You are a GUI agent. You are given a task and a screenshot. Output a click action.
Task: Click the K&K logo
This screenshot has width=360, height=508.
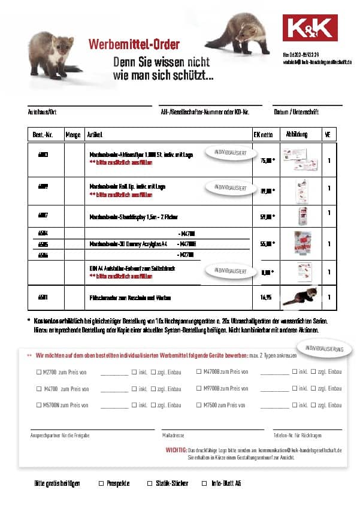pyautogui.click(x=310, y=28)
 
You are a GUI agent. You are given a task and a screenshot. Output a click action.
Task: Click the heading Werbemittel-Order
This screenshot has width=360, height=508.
pyautogui.click(x=134, y=44)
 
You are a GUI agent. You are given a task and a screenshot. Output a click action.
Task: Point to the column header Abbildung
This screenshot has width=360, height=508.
pyautogui.click(x=297, y=134)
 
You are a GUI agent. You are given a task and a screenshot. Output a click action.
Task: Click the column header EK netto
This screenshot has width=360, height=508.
pyautogui.click(x=263, y=135)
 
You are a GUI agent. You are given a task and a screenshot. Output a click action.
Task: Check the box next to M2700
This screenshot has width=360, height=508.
pyautogui.click(x=39, y=372)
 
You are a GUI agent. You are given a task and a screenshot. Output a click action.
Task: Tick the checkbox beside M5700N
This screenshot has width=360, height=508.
pyautogui.click(x=39, y=406)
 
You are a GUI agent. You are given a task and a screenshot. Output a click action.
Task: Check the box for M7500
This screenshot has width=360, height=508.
pyautogui.click(x=199, y=406)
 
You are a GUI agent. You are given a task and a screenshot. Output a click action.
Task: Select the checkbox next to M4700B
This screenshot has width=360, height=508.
pyautogui.click(x=199, y=372)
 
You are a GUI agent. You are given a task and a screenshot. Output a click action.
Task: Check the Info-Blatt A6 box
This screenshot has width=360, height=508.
pyautogui.click(x=204, y=483)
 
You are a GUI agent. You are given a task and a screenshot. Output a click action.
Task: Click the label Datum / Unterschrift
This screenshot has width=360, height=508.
pyautogui.click(x=296, y=112)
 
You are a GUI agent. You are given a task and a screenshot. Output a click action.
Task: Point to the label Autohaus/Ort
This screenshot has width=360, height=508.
pyautogui.click(x=41, y=112)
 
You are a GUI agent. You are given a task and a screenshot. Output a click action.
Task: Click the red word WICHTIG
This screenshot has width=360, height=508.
pyautogui.click(x=176, y=449)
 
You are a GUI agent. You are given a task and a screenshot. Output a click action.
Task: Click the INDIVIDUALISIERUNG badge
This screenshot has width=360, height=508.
pyautogui.click(x=324, y=349)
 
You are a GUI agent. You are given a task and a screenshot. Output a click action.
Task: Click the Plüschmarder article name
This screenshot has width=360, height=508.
pyautogui.click(x=129, y=297)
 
